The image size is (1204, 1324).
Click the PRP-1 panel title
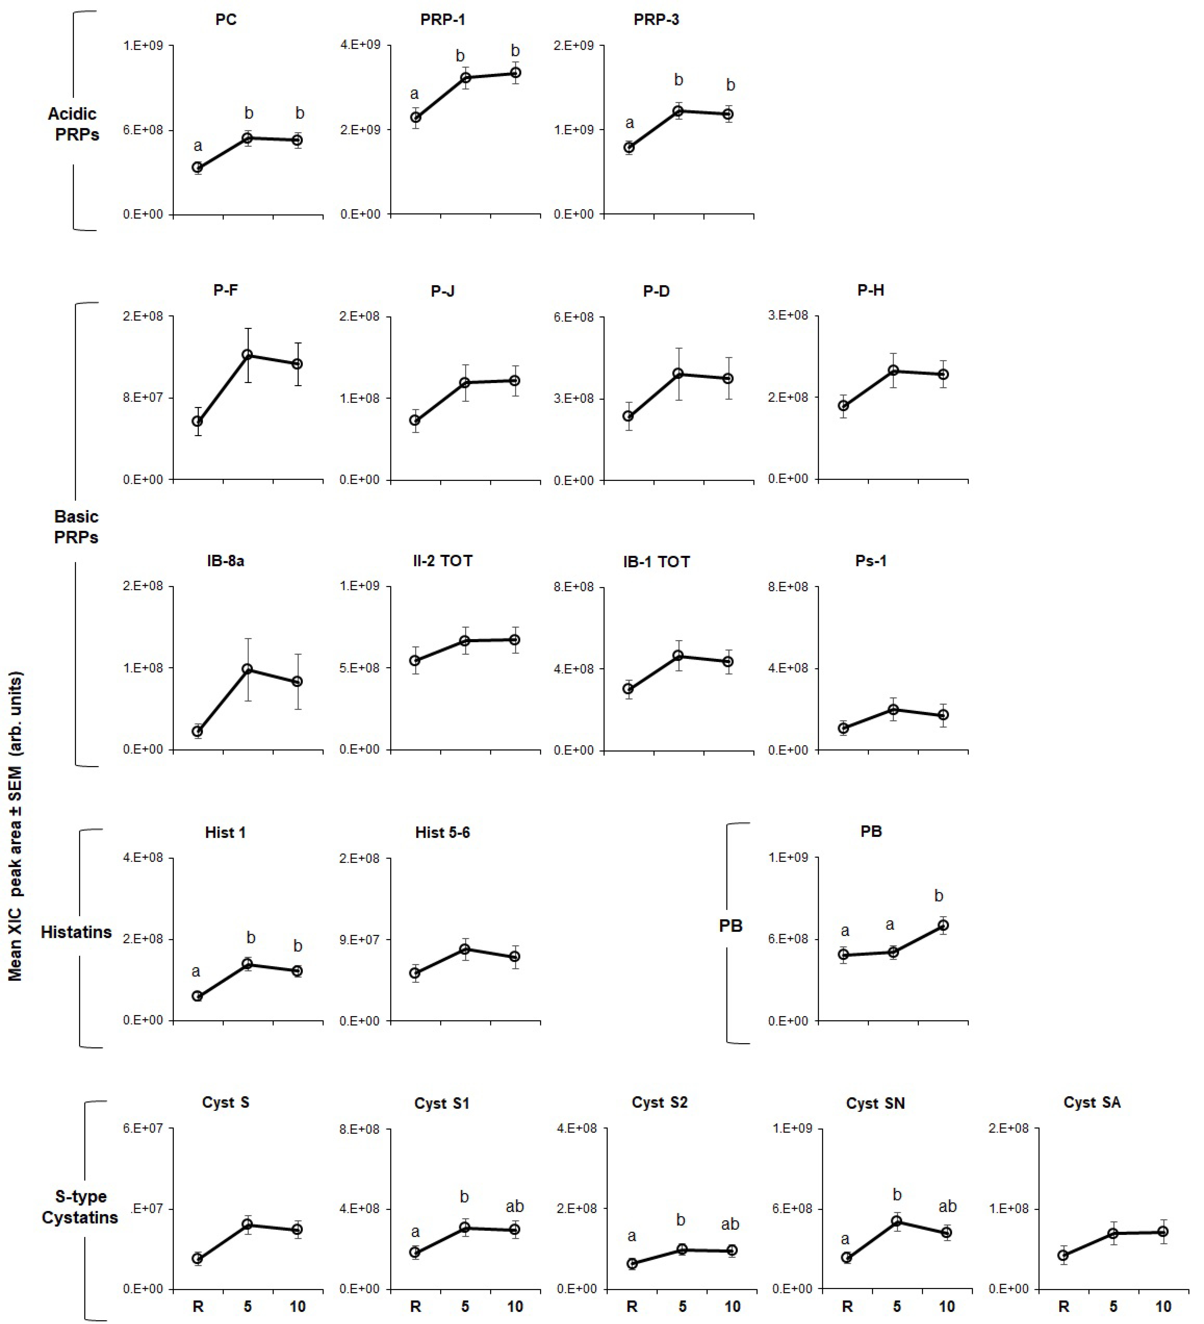442,20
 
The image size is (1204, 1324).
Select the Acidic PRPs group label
73,124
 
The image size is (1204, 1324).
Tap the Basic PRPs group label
76,527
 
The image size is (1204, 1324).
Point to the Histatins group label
76,932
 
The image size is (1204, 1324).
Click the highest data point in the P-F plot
247,355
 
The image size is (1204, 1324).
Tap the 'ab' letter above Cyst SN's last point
947,1206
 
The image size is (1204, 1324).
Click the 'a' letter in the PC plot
198,146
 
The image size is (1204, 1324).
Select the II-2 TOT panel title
442,561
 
